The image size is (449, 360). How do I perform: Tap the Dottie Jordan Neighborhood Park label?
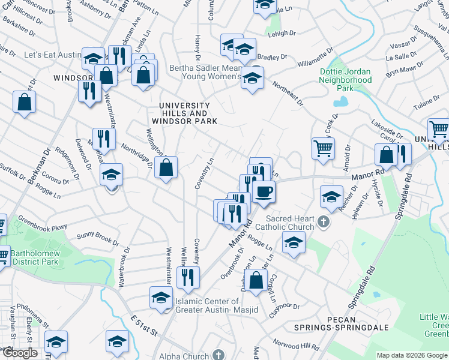345,79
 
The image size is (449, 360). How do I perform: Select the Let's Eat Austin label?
52,55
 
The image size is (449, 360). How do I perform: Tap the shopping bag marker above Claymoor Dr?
256,280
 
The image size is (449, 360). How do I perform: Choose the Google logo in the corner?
19,353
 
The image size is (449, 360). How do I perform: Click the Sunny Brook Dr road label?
97,238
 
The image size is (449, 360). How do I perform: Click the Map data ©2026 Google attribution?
412,355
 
